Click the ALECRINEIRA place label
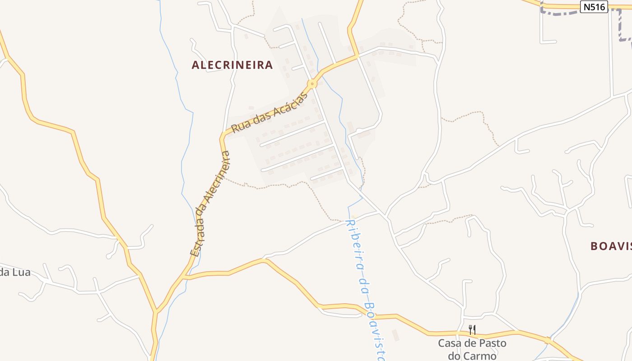coord(232,65)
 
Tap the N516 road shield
coord(594,7)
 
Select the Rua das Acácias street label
coord(271,111)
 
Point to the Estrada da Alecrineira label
coord(211,204)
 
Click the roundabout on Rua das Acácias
coord(312,84)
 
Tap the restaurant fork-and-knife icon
coord(472,330)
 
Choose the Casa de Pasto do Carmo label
coord(472,349)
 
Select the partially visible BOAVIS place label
coord(611,246)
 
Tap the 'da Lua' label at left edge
coord(15,272)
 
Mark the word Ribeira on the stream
coord(355,244)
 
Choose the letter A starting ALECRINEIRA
coord(195,65)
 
